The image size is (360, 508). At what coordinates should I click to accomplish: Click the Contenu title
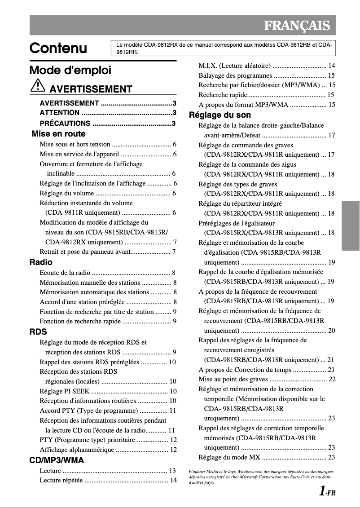[58, 49]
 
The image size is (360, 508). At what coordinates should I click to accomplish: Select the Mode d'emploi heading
[70, 71]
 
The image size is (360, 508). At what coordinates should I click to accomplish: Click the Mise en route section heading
[58, 134]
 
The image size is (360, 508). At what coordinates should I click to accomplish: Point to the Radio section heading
[41, 262]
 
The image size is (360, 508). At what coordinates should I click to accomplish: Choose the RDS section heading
[38, 332]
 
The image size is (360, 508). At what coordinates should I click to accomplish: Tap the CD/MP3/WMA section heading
[57, 460]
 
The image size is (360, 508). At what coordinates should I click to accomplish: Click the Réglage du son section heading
[220, 115]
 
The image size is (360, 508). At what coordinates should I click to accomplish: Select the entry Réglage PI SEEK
[64, 391]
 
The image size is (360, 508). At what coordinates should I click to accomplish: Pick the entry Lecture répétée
[61, 481]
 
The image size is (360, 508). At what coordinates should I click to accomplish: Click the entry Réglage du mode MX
[229, 458]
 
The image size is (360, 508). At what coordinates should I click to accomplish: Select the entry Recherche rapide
[223, 95]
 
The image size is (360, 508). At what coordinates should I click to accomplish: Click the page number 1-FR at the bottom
[327, 492]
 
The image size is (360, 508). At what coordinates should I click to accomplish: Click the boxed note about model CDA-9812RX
[224, 48]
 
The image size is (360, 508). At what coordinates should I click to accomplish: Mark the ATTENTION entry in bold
[59, 113]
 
